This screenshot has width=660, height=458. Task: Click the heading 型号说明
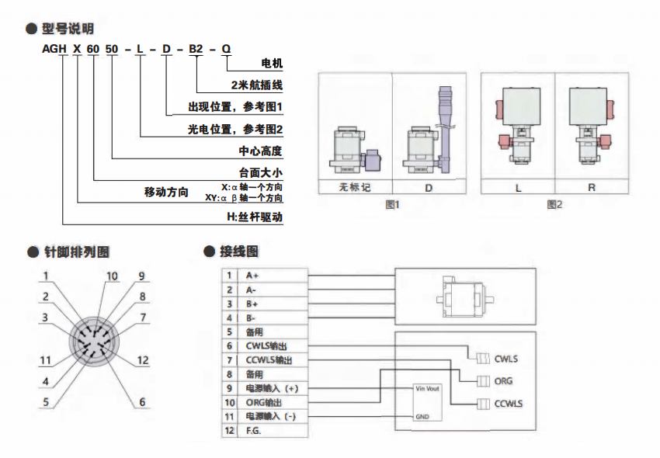68,29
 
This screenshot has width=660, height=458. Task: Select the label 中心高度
260,151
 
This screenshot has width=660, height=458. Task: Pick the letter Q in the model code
226,50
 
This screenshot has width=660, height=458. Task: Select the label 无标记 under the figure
355,187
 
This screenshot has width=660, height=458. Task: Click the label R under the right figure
592,187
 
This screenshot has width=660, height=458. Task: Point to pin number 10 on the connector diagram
112,276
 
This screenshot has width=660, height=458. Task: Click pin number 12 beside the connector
142,359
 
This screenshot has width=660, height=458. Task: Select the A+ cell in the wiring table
252,276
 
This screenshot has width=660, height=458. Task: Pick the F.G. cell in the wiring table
253,431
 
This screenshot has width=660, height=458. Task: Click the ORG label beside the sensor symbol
503,381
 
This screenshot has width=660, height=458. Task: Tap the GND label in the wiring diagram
422,416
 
